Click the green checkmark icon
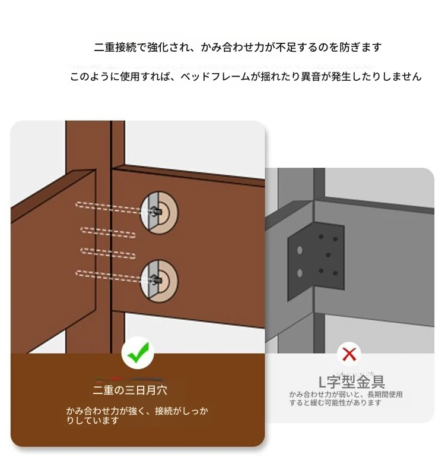(138, 352)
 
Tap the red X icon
(349, 354)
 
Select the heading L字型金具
(352, 382)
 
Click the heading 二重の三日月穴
(130, 390)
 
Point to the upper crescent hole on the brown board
(159, 213)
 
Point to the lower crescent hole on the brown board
(159, 281)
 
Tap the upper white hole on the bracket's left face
(300, 250)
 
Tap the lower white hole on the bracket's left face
(300, 273)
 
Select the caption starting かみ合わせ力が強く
(137, 415)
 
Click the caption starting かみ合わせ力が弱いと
(346, 398)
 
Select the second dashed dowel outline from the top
(108, 232)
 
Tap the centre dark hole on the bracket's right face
(328, 255)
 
